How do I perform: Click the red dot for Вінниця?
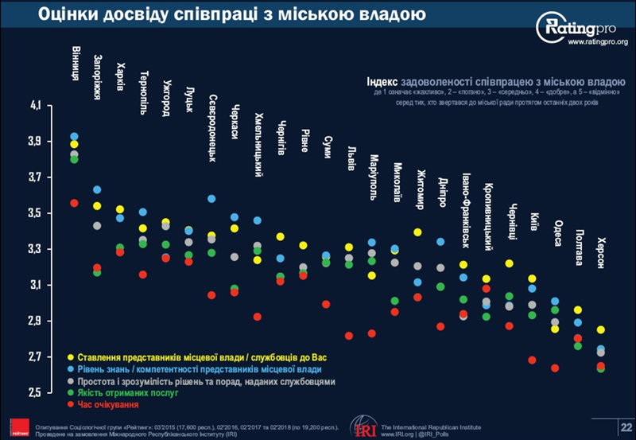click(74, 203)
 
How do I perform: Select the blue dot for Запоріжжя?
click(97, 189)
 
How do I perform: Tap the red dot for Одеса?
click(555, 368)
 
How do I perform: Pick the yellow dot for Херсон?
click(601, 329)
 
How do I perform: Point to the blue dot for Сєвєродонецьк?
click(211, 198)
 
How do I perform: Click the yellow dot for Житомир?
click(417, 232)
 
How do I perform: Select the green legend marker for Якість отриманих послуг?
click(72, 393)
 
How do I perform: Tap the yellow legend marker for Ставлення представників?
click(72, 356)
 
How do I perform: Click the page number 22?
click(622, 428)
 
